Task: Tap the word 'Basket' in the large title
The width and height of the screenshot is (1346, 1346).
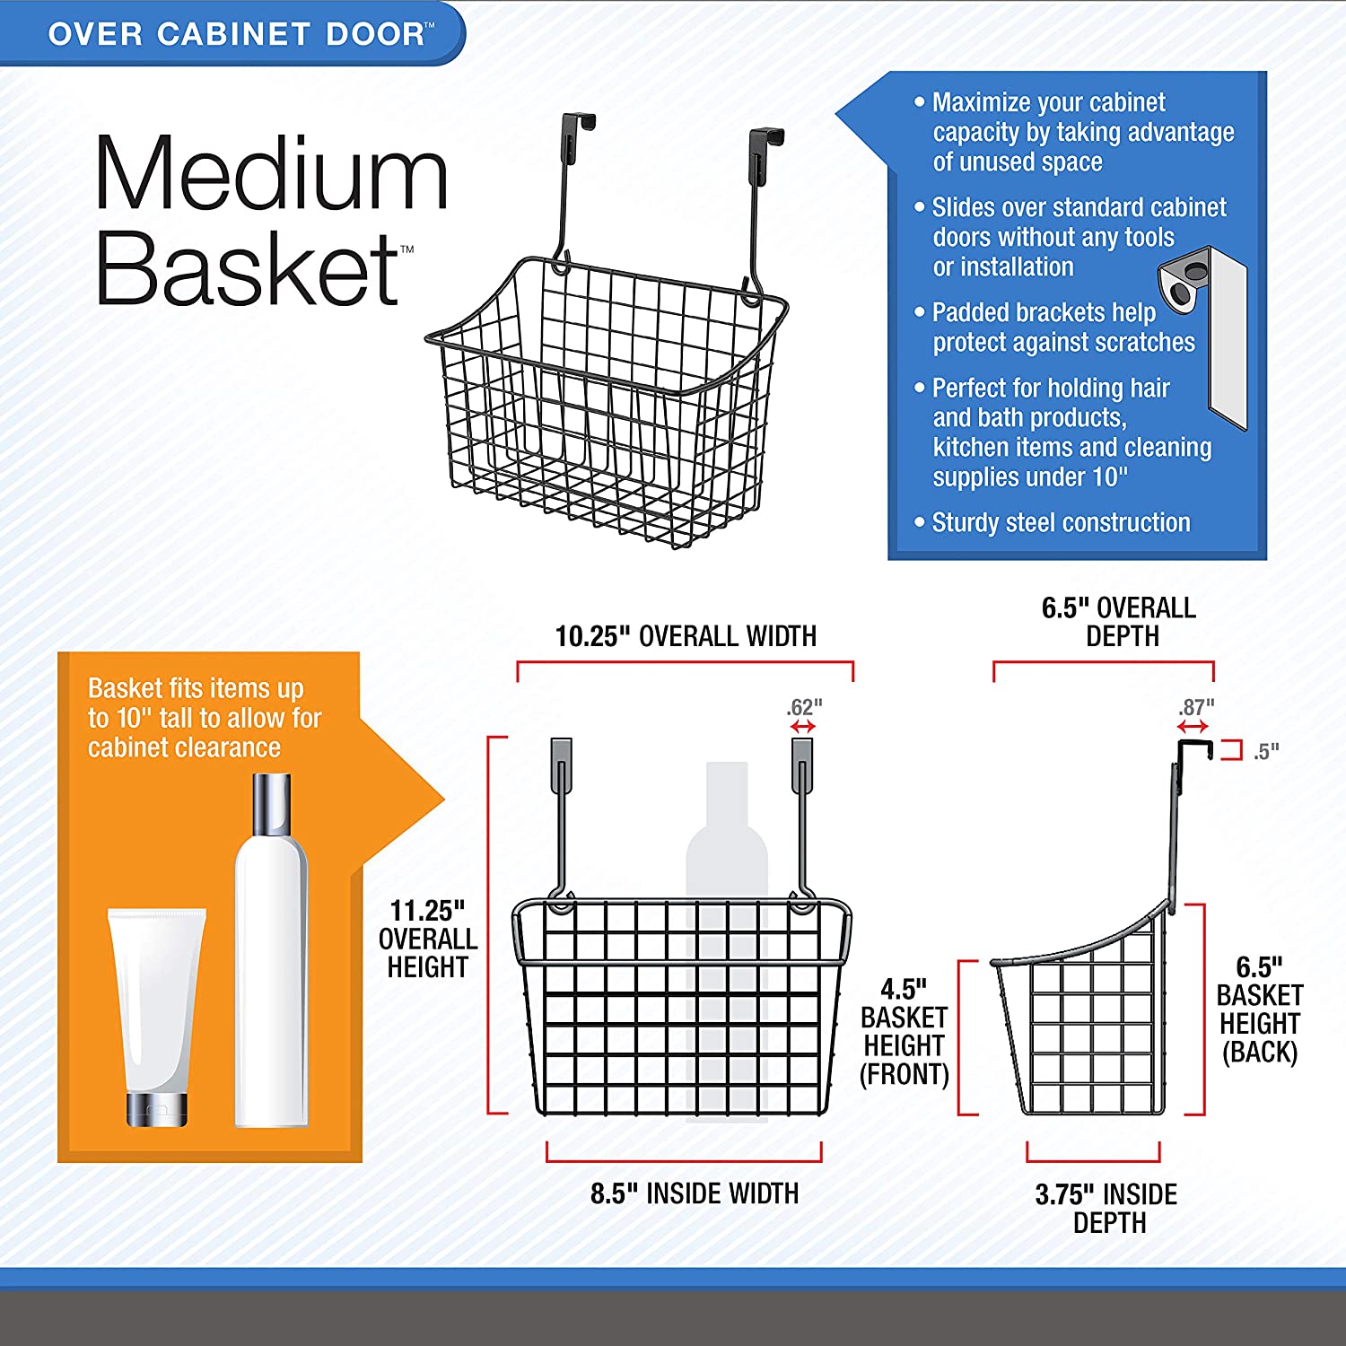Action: tap(248, 269)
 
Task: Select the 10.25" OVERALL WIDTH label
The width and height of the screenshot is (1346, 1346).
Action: tap(686, 636)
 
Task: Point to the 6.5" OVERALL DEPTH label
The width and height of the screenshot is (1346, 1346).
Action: tap(1118, 622)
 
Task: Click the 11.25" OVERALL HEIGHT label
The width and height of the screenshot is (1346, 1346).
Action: tap(428, 939)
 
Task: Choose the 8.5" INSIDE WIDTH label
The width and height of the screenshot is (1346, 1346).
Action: tap(694, 1193)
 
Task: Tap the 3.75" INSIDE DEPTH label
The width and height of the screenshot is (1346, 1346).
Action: tap(1106, 1208)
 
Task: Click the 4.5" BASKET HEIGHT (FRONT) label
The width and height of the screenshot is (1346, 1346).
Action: tap(904, 1032)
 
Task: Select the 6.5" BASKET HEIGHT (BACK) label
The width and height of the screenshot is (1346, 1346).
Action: tap(1259, 1009)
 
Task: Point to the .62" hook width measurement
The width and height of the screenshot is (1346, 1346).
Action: tap(804, 707)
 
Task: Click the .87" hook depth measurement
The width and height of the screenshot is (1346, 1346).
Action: tap(1195, 707)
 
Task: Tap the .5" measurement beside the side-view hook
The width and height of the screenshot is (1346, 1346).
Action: tap(1266, 751)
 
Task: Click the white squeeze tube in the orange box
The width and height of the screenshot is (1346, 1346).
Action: tap(157, 1014)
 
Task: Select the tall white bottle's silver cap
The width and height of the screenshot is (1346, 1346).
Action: tap(271, 804)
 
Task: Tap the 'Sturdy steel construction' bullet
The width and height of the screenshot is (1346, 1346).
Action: tap(1061, 522)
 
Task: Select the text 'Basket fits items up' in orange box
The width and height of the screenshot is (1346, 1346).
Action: tap(196, 688)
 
